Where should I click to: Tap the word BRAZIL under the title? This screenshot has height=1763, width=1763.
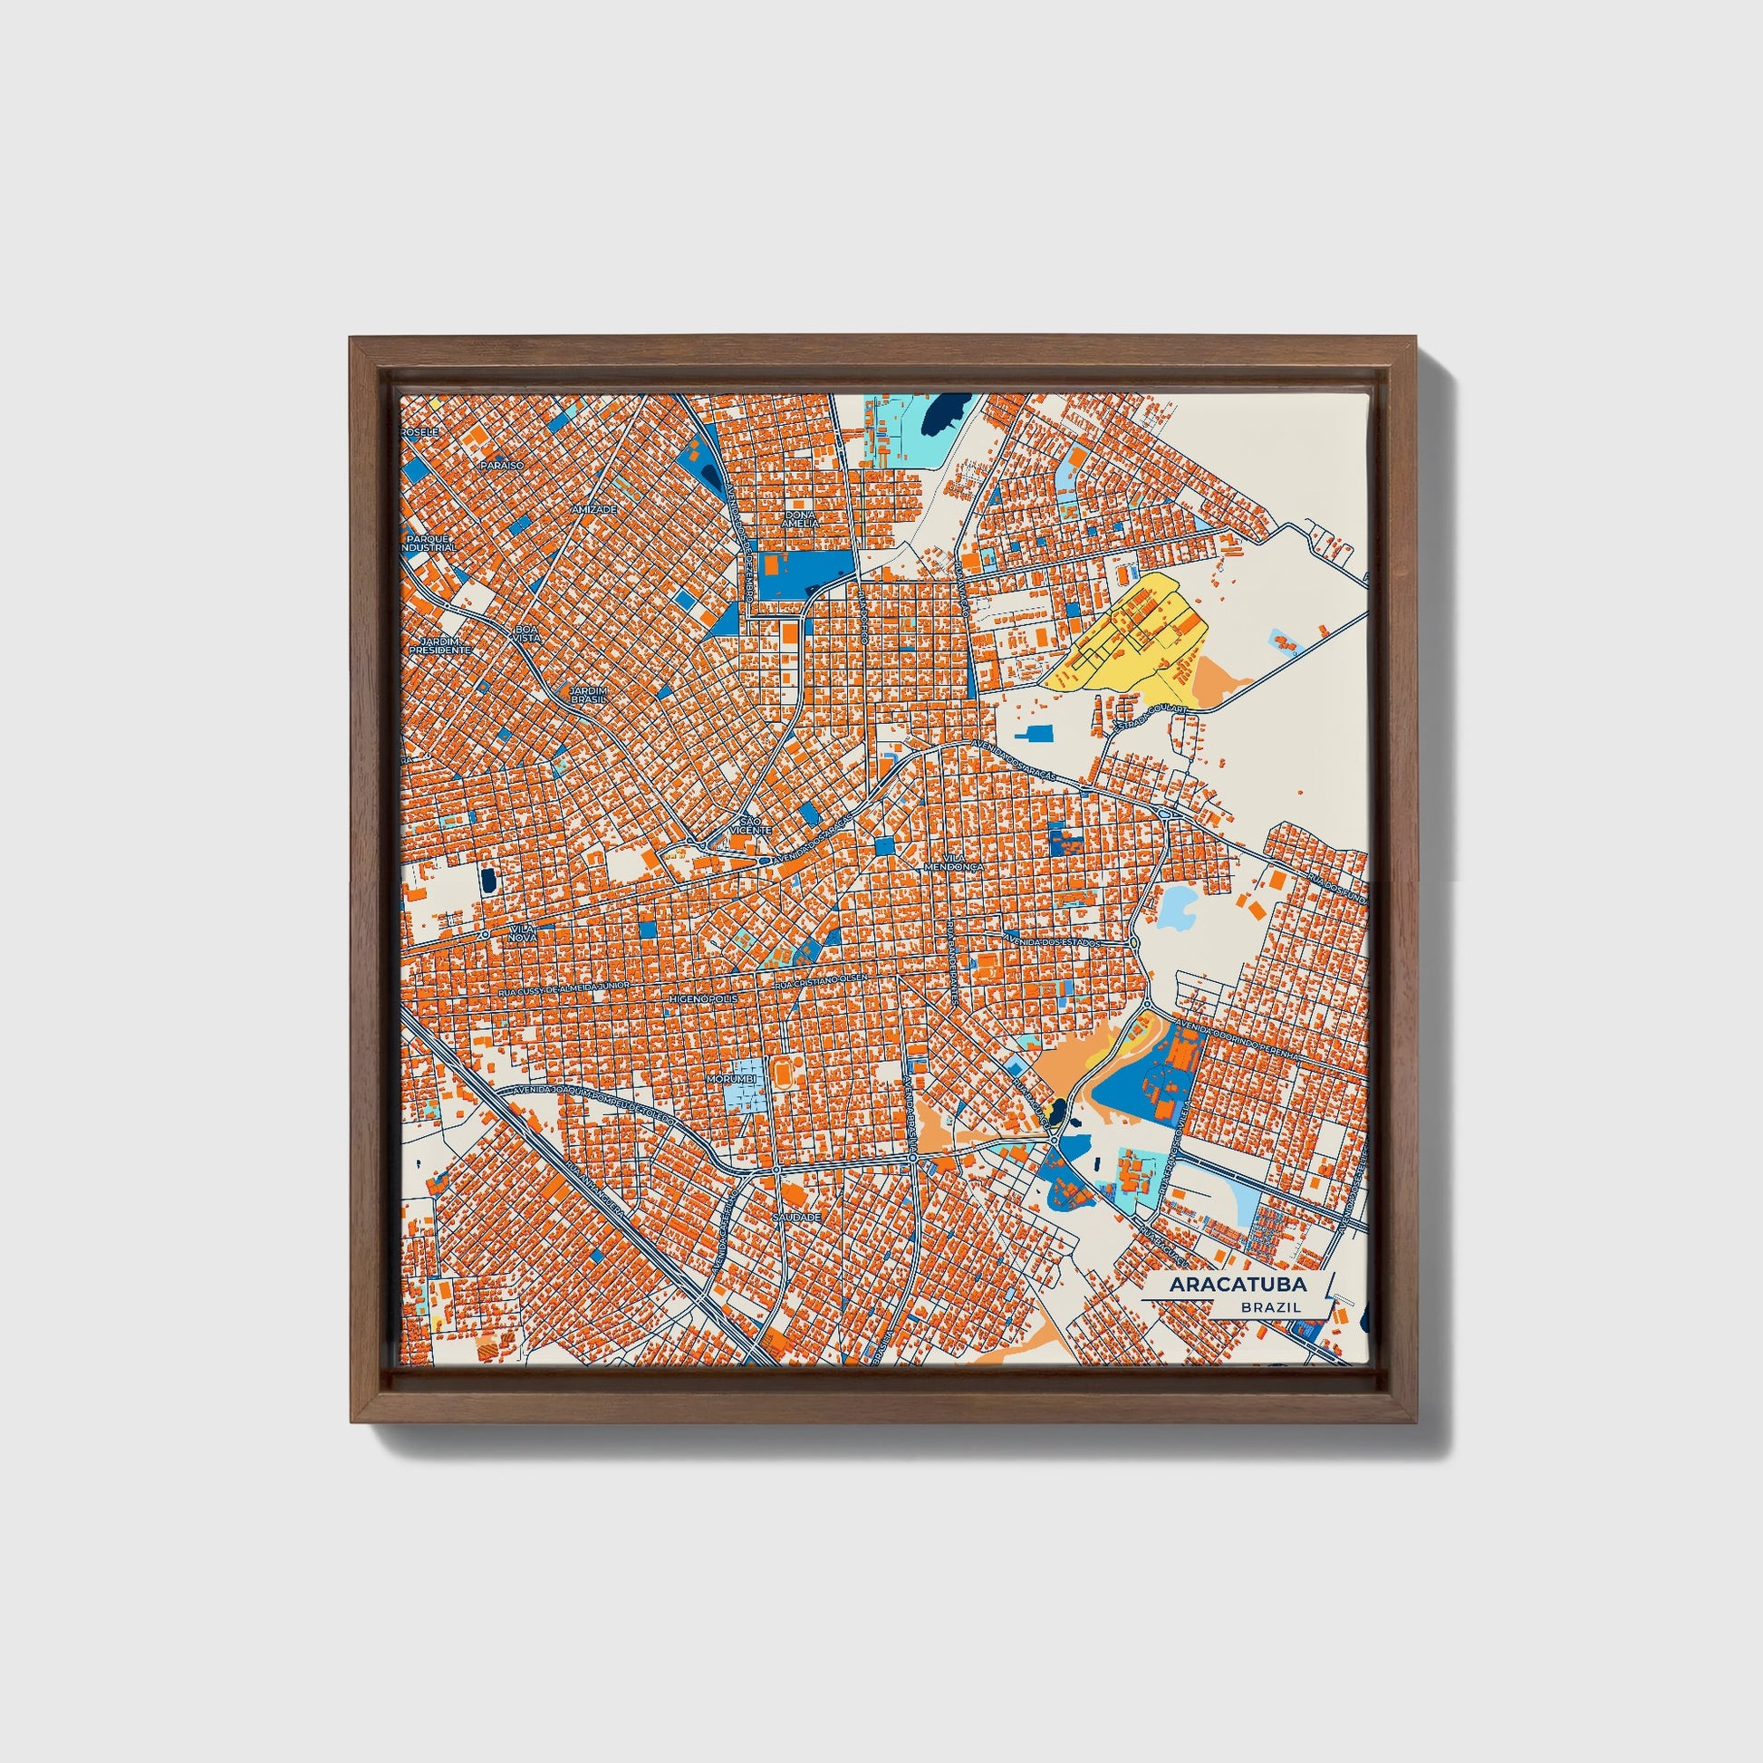point(1270,1307)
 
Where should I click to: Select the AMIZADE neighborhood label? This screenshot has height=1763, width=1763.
point(594,509)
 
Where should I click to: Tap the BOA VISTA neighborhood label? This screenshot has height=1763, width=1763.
point(527,633)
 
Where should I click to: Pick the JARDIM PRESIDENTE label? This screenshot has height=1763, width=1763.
point(439,645)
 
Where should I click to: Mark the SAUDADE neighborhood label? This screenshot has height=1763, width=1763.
point(795,1218)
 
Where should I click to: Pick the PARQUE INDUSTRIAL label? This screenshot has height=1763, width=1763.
point(429,543)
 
